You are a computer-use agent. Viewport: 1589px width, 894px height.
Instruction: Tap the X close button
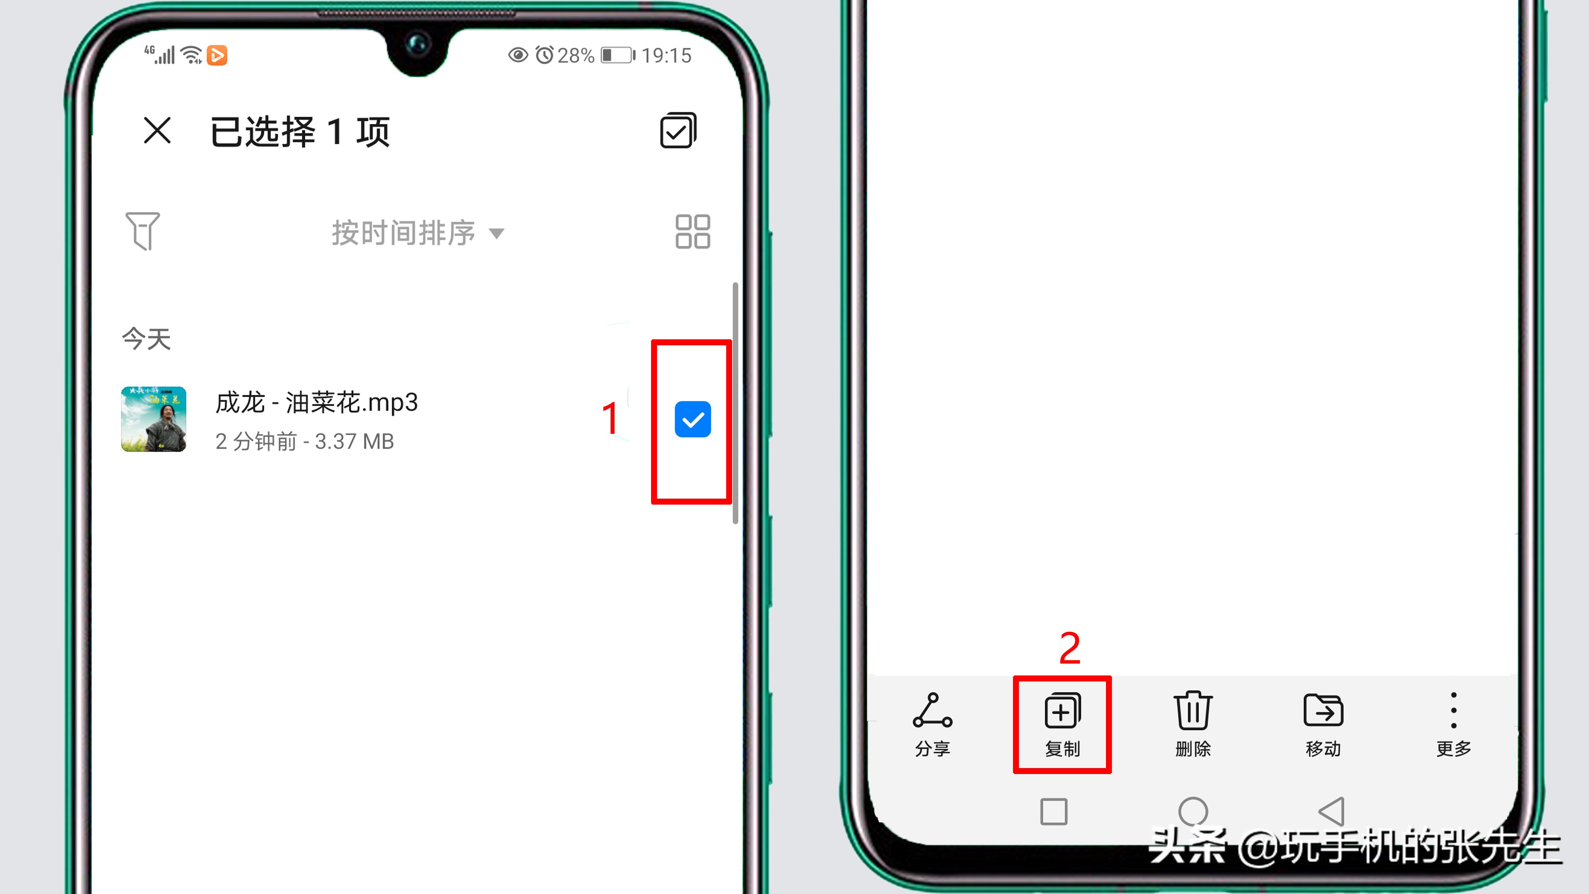coord(157,131)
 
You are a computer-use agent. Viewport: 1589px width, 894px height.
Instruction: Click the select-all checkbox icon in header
coord(678,131)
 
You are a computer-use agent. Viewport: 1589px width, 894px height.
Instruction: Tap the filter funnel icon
coord(143,231)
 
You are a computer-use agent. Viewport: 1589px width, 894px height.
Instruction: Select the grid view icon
coord(693,232)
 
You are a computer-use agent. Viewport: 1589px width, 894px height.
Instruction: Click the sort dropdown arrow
coord(497,233)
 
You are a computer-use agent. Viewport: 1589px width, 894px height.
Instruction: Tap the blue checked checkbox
coord(693,420)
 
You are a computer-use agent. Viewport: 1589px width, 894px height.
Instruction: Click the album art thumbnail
coord(154,420)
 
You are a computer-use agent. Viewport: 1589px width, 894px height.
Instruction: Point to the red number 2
coord(1070,648)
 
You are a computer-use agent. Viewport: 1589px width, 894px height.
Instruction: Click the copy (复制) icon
coord(1062,711)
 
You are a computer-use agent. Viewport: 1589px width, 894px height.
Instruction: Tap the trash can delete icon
coord(1193,711)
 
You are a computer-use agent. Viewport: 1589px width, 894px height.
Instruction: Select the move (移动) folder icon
coord(1323,711)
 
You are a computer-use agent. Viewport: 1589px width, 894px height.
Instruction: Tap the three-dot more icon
coord(1454,711)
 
